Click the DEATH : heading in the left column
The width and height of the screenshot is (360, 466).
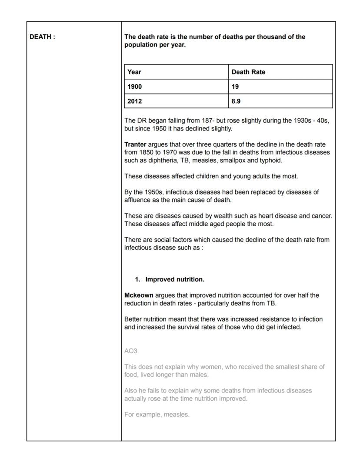click(x=42, y=37)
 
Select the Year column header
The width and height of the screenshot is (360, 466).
click(x=134, y=72)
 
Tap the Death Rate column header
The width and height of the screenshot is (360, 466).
click(x=248, y=72)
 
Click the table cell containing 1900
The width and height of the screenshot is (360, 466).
click(x=135, y=87)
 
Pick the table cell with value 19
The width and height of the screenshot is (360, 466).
click(x=235, y=87)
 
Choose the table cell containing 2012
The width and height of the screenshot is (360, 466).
click(x=135, y=101)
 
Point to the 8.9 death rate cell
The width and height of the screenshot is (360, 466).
click(x=237, y=101)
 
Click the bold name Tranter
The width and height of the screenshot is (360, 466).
click(x=135, y=144)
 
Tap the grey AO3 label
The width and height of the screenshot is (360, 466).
click(x=131, y=351)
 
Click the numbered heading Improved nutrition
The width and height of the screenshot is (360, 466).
click(x=174, y=279)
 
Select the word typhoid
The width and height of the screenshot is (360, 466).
click(x=271, y=160)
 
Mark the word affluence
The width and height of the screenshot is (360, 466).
click(x=138, y=200)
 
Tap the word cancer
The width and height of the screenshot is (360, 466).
click(x=322, y=216)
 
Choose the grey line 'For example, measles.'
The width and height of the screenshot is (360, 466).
click(x=157, y=414)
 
